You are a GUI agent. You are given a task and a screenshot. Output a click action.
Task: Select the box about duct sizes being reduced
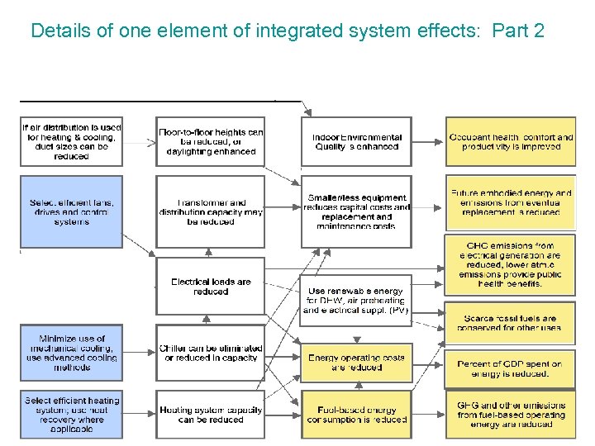pyautogui.click(x=71, y=142)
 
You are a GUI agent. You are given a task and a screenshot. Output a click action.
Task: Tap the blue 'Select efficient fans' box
pyautogui.click(x=71, y=212)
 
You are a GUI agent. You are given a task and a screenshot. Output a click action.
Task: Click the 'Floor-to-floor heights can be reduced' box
pyautogui.click(x=211, y=142)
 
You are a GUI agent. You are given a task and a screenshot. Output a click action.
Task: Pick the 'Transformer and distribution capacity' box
pyautogui.click(x=211, y=212)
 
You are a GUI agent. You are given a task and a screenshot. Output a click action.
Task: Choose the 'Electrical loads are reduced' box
pyautogui.click(x=211, y=286)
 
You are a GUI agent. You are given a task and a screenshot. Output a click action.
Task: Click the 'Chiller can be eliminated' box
pyautogui.click(x=211, y=353)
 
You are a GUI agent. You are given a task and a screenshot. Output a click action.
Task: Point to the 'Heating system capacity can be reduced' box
pyautogui.click(x=211, y=415)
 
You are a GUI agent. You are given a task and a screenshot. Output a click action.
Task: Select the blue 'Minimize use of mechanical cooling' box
pyautogui.click(x=71, y=353)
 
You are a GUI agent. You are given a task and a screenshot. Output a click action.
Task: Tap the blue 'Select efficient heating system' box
pyautogui.click(x=71, y=415)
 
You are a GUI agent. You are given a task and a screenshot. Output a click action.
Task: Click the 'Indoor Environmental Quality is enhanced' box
pyautogui.click(x=356, y=142)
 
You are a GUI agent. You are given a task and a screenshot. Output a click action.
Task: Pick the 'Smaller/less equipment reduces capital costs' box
pyautogui.click(x=356, y=211)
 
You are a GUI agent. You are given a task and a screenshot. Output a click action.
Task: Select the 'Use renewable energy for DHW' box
pyautogui.click(x=356, y=301)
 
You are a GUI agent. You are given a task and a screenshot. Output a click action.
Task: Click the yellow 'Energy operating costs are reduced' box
pyautogui.click(x=356, y=363)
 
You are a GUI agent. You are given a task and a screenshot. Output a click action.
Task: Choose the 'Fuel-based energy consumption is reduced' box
pyautogui.click(x=356, y=415)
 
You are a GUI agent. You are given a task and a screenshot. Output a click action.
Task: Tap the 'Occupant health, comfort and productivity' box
pyautogui.click(x=511, y=142)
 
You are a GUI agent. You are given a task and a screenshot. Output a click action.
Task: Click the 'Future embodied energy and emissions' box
pyautogui.click(x=511, y=203)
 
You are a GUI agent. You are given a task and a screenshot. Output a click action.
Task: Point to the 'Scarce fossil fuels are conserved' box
pyautogui.click(x=511, y=323)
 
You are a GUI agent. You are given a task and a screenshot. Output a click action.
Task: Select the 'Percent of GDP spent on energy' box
pyautogui.click(x=511, y=368)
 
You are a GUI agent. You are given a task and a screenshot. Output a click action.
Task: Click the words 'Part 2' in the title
pyautogui.click(x=517, y=31)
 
